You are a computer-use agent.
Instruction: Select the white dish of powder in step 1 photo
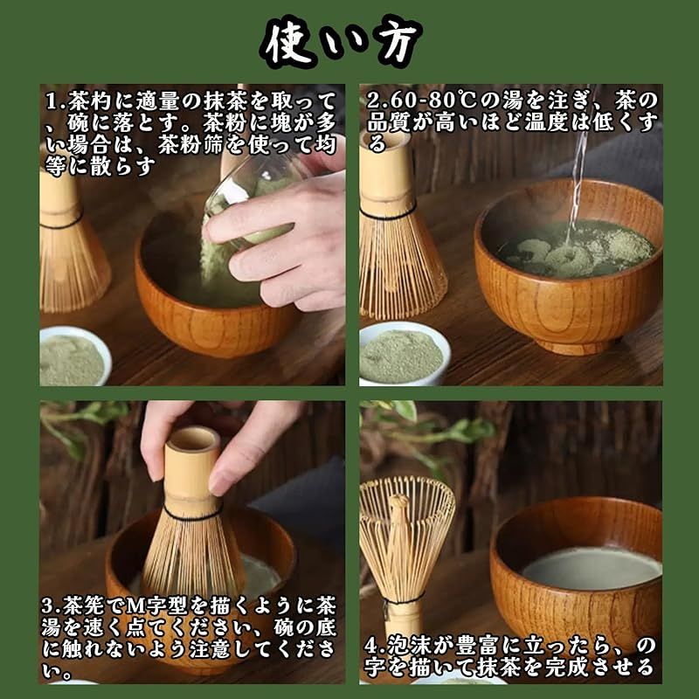[x=73, y=356]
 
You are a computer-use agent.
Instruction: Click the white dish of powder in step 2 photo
[x=403, y=353]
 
